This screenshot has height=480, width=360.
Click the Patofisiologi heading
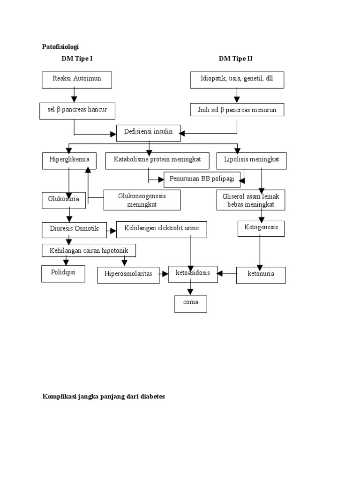(61, 47)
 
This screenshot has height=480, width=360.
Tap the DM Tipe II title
(236, 59)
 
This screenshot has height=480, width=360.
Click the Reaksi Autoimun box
(77, 80)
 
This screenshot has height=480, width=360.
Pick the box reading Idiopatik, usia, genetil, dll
(237, 80)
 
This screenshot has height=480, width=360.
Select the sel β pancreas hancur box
(77, 110)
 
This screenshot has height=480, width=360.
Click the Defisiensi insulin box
(148, 133)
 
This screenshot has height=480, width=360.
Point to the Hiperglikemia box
(69, 160)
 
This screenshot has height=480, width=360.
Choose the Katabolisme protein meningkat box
(157, 160)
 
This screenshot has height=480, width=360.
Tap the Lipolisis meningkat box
(251, 160)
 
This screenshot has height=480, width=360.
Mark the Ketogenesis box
(261, 228)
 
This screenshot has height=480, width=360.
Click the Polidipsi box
(63, 273)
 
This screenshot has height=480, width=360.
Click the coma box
(190, 303)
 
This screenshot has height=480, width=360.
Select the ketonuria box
(261, 275)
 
